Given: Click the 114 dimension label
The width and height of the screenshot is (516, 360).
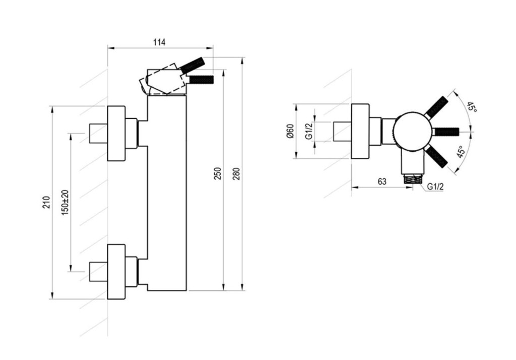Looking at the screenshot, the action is (x=159, y=42).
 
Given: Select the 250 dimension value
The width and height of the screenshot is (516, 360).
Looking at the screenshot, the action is (x=218, y=173).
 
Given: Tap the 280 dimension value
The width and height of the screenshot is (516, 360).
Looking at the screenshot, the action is (x=236, y=173).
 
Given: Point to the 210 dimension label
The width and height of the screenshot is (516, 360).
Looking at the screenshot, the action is (x=46, y=202).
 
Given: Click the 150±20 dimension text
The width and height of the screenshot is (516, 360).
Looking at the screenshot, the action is (x=65, y=203).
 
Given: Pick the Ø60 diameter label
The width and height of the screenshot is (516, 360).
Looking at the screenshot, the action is (x=290, y=131).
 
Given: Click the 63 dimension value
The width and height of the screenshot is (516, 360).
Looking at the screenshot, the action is (x=382, y=182).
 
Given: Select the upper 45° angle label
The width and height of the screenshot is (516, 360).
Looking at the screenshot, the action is (x=472, y=107).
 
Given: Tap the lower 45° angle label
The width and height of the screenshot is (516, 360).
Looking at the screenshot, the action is (x=461, y=152).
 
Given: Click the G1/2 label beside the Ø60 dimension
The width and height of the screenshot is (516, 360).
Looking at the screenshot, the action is (x=309, y=132).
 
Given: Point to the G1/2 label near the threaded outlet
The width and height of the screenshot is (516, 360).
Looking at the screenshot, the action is (x=435, y=187).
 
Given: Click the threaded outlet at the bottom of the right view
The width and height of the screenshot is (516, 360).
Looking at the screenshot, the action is (x=412, y=179).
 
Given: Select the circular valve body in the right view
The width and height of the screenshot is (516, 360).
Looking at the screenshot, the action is (x=412, y=131).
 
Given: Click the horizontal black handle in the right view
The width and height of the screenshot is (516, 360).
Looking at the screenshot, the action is (x=445, y=131).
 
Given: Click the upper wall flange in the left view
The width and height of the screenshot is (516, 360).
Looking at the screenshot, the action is (x=116, y=134).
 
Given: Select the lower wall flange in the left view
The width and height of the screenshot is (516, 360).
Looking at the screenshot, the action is (x=116, y=272).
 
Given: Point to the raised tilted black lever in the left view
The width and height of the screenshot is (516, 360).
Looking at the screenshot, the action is (x=192, y=65).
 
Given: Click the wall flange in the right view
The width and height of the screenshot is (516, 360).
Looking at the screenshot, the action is (x=360, y=131).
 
